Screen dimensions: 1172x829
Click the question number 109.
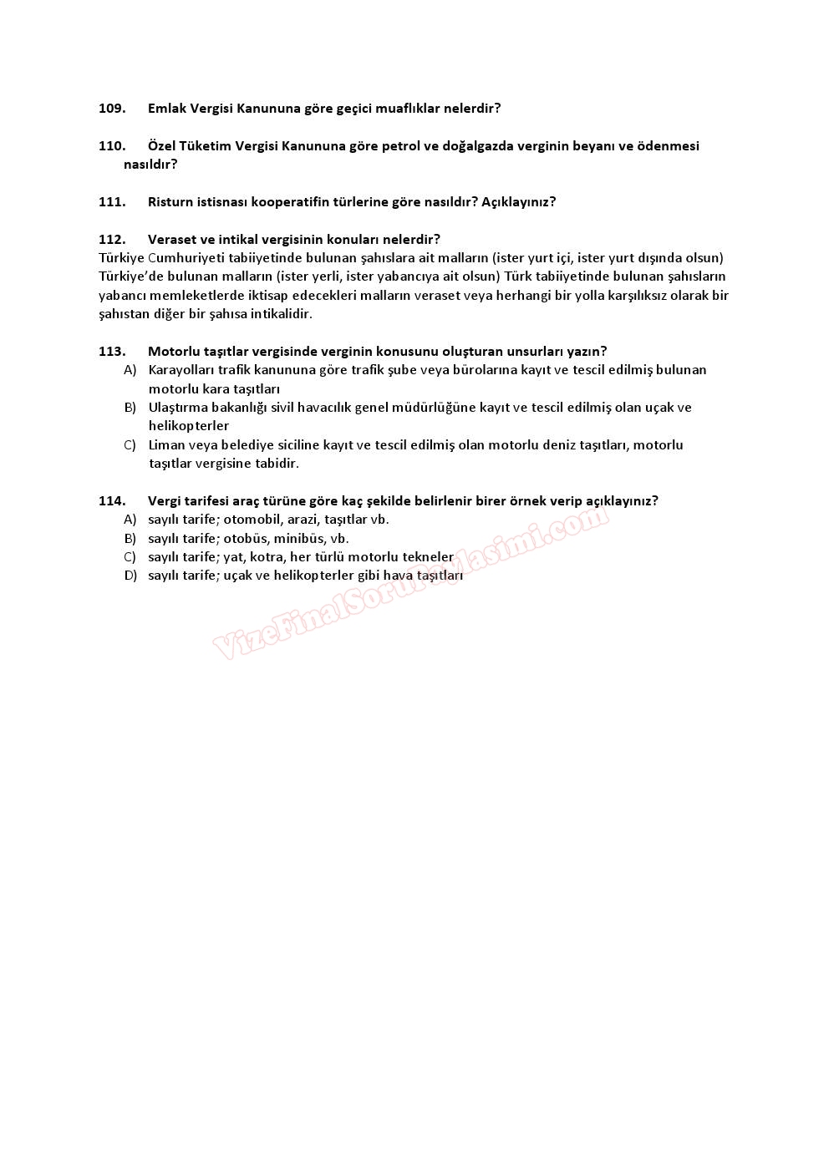[112, 109]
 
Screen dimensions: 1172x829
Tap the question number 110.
[112, 146]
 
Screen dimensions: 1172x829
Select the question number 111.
[112, 202]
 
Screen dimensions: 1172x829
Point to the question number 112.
[112, 240]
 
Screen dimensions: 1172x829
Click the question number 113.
[112, 352]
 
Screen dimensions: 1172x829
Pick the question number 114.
[112, 501]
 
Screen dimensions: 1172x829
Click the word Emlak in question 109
[167, 109]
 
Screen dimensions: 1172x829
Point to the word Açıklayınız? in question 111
[518, 202]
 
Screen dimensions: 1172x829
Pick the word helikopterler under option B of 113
[189, 426]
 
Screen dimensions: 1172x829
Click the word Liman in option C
[165, 445]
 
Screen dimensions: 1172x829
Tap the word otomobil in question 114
[252, 520]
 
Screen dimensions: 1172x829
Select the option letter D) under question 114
[130, 576]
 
